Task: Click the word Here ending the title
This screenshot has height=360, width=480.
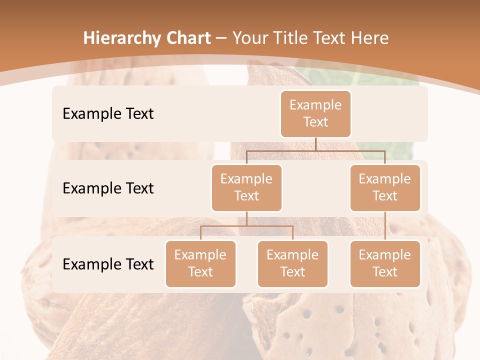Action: pyautogui.click(x=369, y=38)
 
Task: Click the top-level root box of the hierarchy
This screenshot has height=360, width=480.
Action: pyautogui.click(x=315, y=114)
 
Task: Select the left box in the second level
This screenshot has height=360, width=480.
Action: pyautogui.click(x=246, y=187)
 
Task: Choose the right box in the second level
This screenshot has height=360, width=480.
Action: pyautogui.click(x=385, y=187)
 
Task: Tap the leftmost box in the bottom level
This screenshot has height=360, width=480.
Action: pyautogui.click(x=200, y=263)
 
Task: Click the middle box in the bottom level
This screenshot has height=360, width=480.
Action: pyautogui.click(x=292, y=263)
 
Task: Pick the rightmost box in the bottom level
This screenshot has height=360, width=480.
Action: pyautogui.click(x=385, y=263)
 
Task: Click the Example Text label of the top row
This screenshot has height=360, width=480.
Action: pyautogui.click(x=108, y=114)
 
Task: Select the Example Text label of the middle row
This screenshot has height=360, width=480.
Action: pyautogui.click(x=108, y=188)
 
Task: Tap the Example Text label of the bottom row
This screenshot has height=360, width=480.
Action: pyautogui.click(x=108, y=264)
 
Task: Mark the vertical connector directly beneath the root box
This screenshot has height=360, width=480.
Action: pyautogui.click(x=315, y=144)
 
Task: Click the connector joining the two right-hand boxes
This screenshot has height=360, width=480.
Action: pyautogui.click(x=385, y=226)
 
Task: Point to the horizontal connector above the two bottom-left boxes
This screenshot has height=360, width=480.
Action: pyautogui.click(x=246, y=226)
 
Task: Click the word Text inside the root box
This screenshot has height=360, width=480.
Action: pyautogui.click(x=315, y=122)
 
